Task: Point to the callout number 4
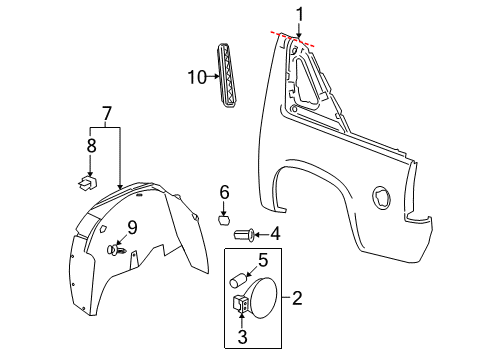(x=275, y=236)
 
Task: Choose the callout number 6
(x=225, y=192)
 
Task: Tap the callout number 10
(x=195, y=76)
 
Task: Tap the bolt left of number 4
(x=243, y=236)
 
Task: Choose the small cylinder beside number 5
(x=239, y=279)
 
